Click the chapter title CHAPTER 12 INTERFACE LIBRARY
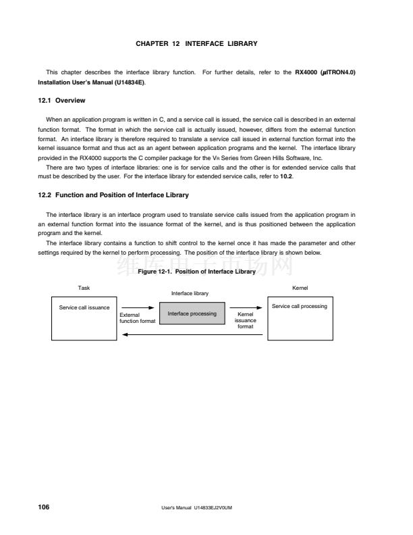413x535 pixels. click(196, 44)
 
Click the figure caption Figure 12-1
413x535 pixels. click(196, 272)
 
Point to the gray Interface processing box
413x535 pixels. click(192, 314)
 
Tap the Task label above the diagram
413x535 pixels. click(84, 288)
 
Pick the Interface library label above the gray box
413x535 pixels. click(190, 294)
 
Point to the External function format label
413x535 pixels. click(137, 317)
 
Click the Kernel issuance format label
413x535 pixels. click(246, 320)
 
